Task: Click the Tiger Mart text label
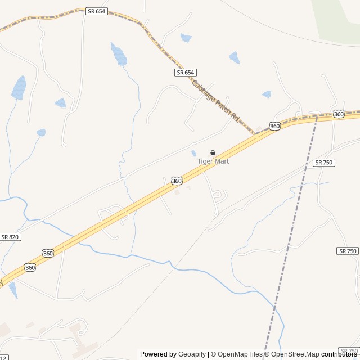click(x=213, y=161)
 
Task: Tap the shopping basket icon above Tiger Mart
click(x=213, y=152)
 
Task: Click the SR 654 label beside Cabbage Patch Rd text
click(x=185, y=73)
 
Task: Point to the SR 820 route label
click(x=10, y=237)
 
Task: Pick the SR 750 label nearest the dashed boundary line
click(x=324, y=162)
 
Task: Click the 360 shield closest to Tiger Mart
click(x=177, y=181)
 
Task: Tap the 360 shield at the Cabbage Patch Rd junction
click(x=274, y=126)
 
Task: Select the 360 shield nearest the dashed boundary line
click(x=339, y=114)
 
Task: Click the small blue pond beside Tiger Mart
click(x=193, y=153)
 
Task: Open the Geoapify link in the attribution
click(x=192, y=354)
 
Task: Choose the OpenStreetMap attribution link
click(x=294, y=354)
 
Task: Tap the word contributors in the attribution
click(x=339, y=354)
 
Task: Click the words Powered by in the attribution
click(x=158, y=354)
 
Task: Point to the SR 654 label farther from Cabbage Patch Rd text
click(x=97, y=11)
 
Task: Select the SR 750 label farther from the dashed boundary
click(x=348, y=251)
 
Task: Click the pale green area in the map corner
click(x=337, y=20)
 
